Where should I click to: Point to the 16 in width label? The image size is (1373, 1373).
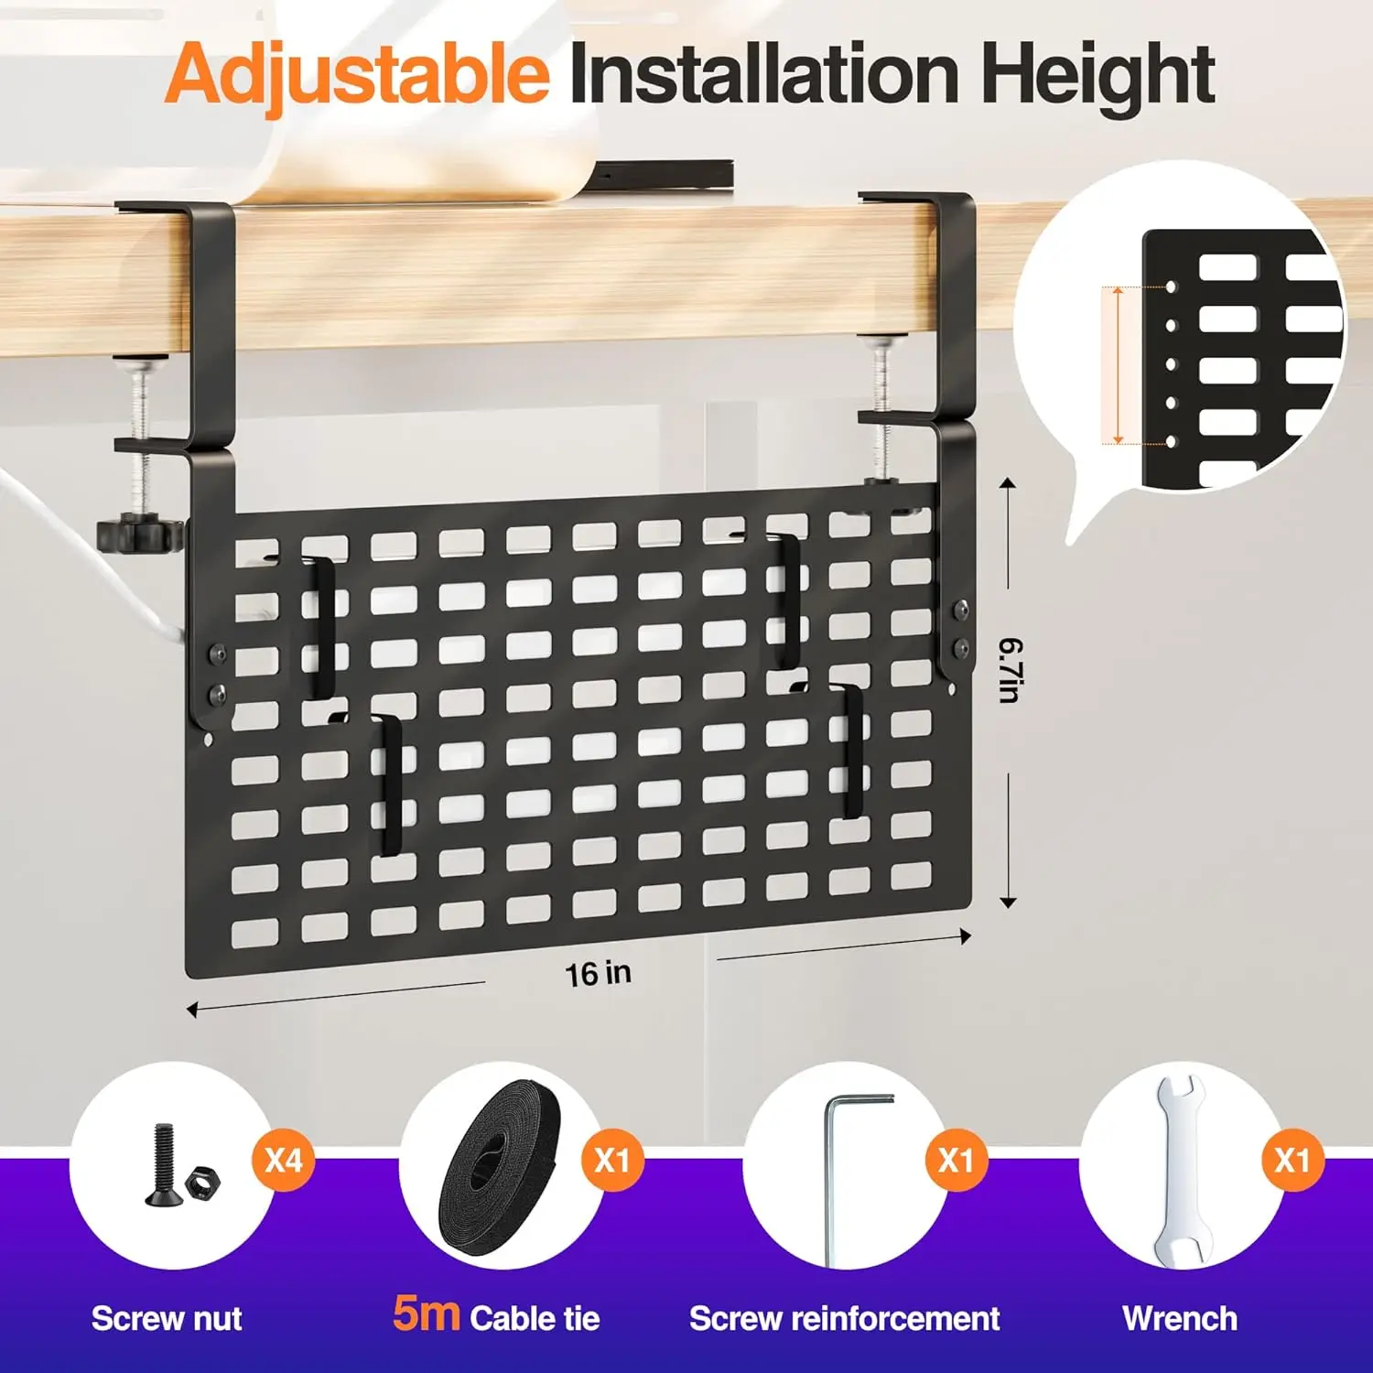[x=598, y=973]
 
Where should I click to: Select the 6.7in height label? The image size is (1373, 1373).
[x=1011, y=670]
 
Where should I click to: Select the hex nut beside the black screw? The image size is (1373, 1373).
[x=201, y=1184]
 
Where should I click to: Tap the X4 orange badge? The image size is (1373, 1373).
[x=283, y=1161]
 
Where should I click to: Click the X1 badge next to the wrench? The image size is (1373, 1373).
[x=1292, y=1161]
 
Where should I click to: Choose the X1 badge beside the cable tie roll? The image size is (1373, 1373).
[x=612, y=1161]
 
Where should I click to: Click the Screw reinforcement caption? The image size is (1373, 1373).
[x=844, y=1319]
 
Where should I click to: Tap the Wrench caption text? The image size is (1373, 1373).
[x=1180, y=1319]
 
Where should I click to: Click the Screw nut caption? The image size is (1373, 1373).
[x=167, y=1319]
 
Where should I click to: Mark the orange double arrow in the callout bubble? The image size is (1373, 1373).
[x=1117, y=364]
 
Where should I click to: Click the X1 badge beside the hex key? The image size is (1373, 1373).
[x=957, y=1161]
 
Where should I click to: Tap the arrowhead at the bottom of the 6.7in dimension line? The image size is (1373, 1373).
[x=1008, y=903]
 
